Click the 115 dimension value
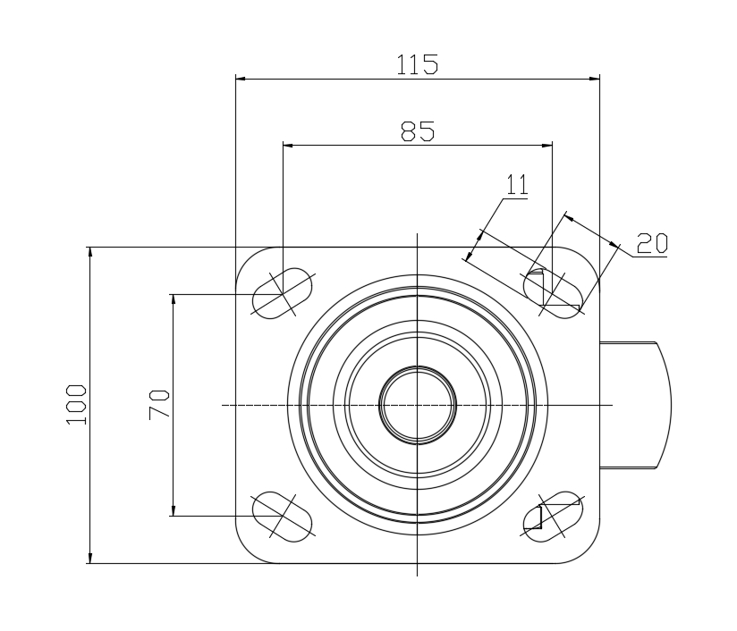click(x=418, y=64)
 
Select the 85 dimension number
click(x=418, y=131)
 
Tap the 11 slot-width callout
click(x=517, y=184)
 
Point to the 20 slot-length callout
click(x=652, y=243)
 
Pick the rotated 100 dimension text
click(x=76, y=405)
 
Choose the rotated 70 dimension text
click(x=159, y=405)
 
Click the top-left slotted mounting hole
click(x=283, y=294)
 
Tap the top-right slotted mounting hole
click(x=553, y=294)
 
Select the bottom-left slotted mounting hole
click(x=283, y=517)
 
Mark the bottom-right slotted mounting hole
click(x=553, y=517)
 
